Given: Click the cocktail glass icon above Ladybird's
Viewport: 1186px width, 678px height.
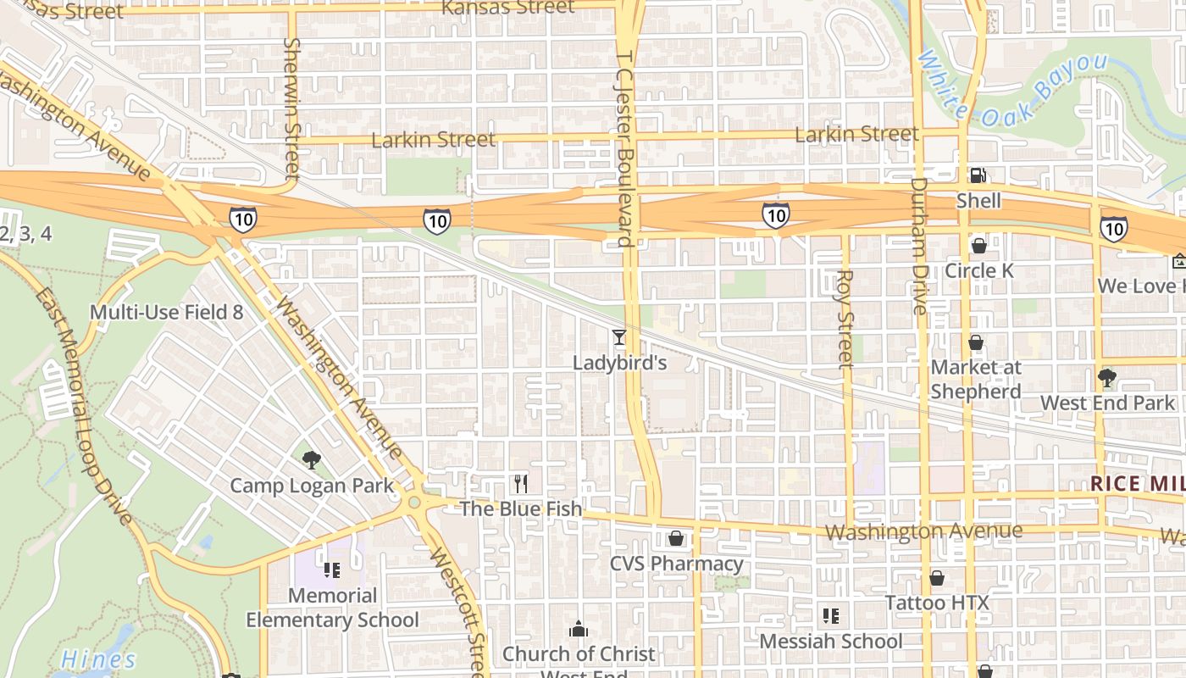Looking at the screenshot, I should click(x=619, y=337).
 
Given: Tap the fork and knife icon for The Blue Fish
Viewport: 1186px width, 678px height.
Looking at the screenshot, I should click(x=521, y=484).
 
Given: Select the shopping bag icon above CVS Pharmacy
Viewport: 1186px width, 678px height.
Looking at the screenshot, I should click(x=675, y=538).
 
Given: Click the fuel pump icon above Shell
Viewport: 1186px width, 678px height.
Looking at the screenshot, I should click(x=978, y=175).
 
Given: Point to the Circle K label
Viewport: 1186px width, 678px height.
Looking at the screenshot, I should click(x=978, y=270).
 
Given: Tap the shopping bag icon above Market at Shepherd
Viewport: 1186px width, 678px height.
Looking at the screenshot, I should click(x=976, y=343).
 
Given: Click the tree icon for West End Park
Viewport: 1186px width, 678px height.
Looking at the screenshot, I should click(x=1106, y=378).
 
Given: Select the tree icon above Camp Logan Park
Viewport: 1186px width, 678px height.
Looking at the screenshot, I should click(x=312, y=460).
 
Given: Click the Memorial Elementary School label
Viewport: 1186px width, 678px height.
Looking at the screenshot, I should click(x=332, y=608).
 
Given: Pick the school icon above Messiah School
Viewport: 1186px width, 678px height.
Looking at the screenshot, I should click(x=830, y=616).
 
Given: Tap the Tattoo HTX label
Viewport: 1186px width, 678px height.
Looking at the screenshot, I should click(x=936, y=603).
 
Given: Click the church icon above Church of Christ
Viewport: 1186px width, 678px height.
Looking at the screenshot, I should click(x=579, y=629).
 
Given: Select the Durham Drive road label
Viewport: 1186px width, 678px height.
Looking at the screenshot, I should click(x=920, y=246).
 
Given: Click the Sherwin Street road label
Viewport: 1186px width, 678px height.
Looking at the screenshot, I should click(x=292, y=108).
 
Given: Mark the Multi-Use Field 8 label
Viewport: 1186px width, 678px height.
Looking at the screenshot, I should click(x=166, y=312).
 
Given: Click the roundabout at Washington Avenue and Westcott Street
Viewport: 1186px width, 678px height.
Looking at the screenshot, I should click(x=414, y=503).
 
